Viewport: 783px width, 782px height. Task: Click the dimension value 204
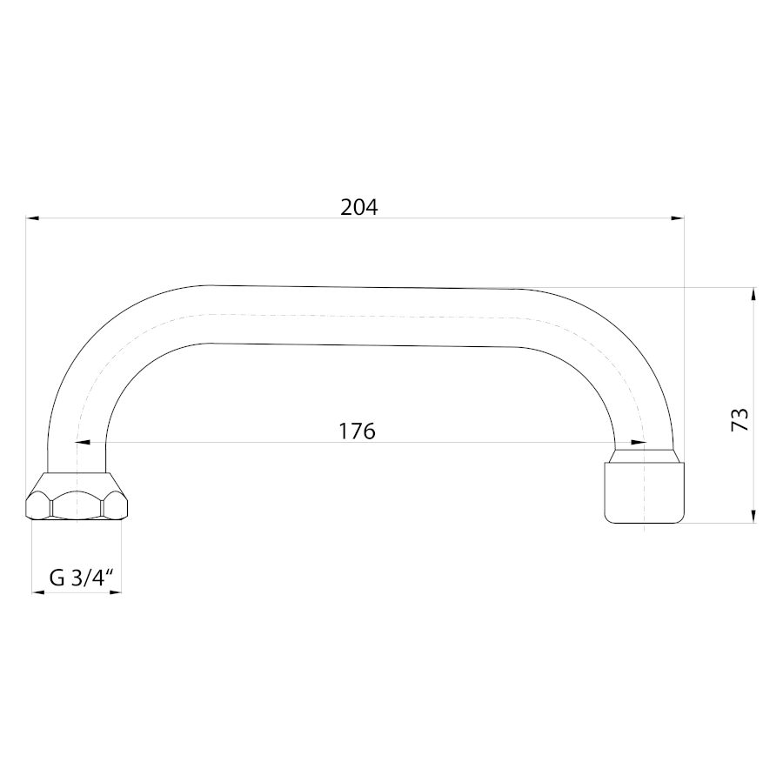pyautogui.click(x=359, y=207)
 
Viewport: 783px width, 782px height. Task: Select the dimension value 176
pyautogui.click(x=357, y=431)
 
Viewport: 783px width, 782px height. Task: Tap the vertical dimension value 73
pyautogui.click(x=740, y=419)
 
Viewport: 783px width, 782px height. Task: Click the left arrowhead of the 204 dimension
pyautogui.click(x=32, y=218)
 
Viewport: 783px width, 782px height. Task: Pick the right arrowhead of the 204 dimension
pyautogui.click(x=678, y=218)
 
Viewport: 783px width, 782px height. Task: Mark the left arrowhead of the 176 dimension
pyautogui.click(x=84, y=443)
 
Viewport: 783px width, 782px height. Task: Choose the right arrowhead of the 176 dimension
pyautogui.click(x=638, y=443)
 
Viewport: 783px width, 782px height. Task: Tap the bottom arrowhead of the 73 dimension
pyautogui.click(x=753, y=517)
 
